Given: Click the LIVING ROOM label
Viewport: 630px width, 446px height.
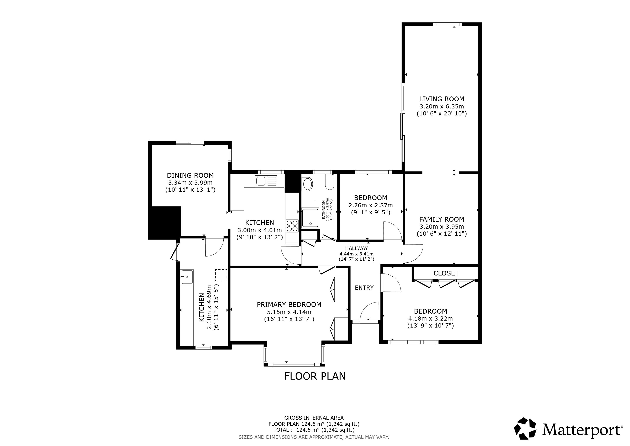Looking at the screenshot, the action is [441, 99].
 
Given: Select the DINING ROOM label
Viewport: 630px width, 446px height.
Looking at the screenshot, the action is [190, 175].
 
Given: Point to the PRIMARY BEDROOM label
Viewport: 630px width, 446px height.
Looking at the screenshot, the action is [289, 305].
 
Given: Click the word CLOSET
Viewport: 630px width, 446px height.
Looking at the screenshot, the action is [446, 273].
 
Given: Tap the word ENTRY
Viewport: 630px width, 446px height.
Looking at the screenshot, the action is [364, 287].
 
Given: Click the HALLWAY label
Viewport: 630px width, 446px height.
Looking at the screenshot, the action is [356, 248].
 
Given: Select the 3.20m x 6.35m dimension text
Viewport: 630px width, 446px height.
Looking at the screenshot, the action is [441, 106].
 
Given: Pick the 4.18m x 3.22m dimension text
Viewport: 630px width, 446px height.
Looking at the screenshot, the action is [431, 319].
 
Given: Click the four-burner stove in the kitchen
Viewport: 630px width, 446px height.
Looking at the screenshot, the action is [292, 226].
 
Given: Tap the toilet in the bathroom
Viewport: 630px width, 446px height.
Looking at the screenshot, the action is [330, 182].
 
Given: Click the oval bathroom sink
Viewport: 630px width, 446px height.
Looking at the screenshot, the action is [307, 184].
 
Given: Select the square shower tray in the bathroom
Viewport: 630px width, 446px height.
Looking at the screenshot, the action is [310, 218].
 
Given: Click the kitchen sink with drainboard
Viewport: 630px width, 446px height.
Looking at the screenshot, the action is [266, 181].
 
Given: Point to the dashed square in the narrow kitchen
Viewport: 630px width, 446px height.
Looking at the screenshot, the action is [221, 275].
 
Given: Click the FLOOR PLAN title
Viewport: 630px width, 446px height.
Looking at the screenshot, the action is [315, 376].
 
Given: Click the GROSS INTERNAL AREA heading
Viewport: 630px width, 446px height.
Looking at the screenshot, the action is [314, 418].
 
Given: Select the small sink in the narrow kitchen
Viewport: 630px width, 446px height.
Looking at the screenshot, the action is [187, 277].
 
